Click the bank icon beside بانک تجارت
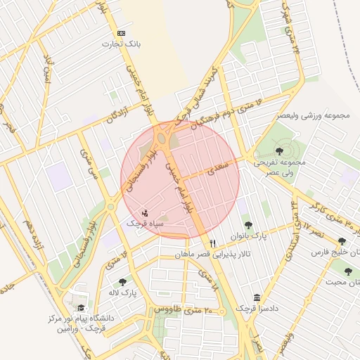coord(122,33)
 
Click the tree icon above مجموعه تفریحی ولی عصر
coord(280,150)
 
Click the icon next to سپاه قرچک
coord(145,212)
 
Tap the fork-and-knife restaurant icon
coord(202,242)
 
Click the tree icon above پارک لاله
coord(123,281)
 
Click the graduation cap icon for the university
coord(81,307)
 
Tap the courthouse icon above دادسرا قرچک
coord(256,297)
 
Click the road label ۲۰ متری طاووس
coord(177,309)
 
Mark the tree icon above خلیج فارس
coord(342,241)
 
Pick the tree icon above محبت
coord(348,271)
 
